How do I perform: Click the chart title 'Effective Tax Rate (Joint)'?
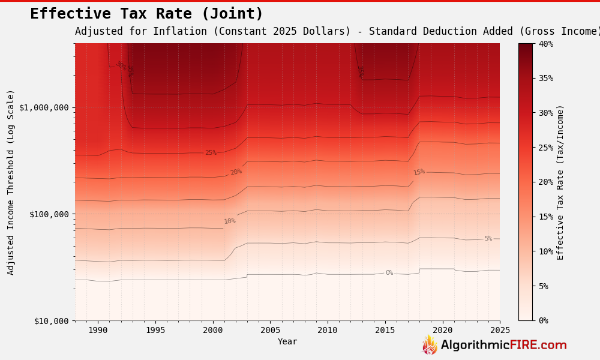(146, 14)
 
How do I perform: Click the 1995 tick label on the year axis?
(155, 330)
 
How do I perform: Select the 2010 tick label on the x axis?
(327, 330)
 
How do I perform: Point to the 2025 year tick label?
(500, 330)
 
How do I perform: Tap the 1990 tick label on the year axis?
(98, 330)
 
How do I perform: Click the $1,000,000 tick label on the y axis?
(44, 107)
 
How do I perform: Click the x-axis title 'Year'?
(287, 341)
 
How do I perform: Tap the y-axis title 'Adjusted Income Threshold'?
(11, 182)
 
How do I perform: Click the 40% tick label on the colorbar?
(546, 44)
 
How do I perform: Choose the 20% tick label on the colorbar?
(546, 182)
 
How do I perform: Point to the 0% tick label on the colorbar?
(544, 320)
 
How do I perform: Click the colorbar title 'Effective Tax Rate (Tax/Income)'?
(560, 182)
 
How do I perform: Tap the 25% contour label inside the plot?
(211, 153)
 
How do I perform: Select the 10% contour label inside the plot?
(230, 221)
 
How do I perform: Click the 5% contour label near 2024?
(488, 239)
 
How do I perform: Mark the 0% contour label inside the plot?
(389, 273)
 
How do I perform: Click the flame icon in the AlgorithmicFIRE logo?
(430, 345)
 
